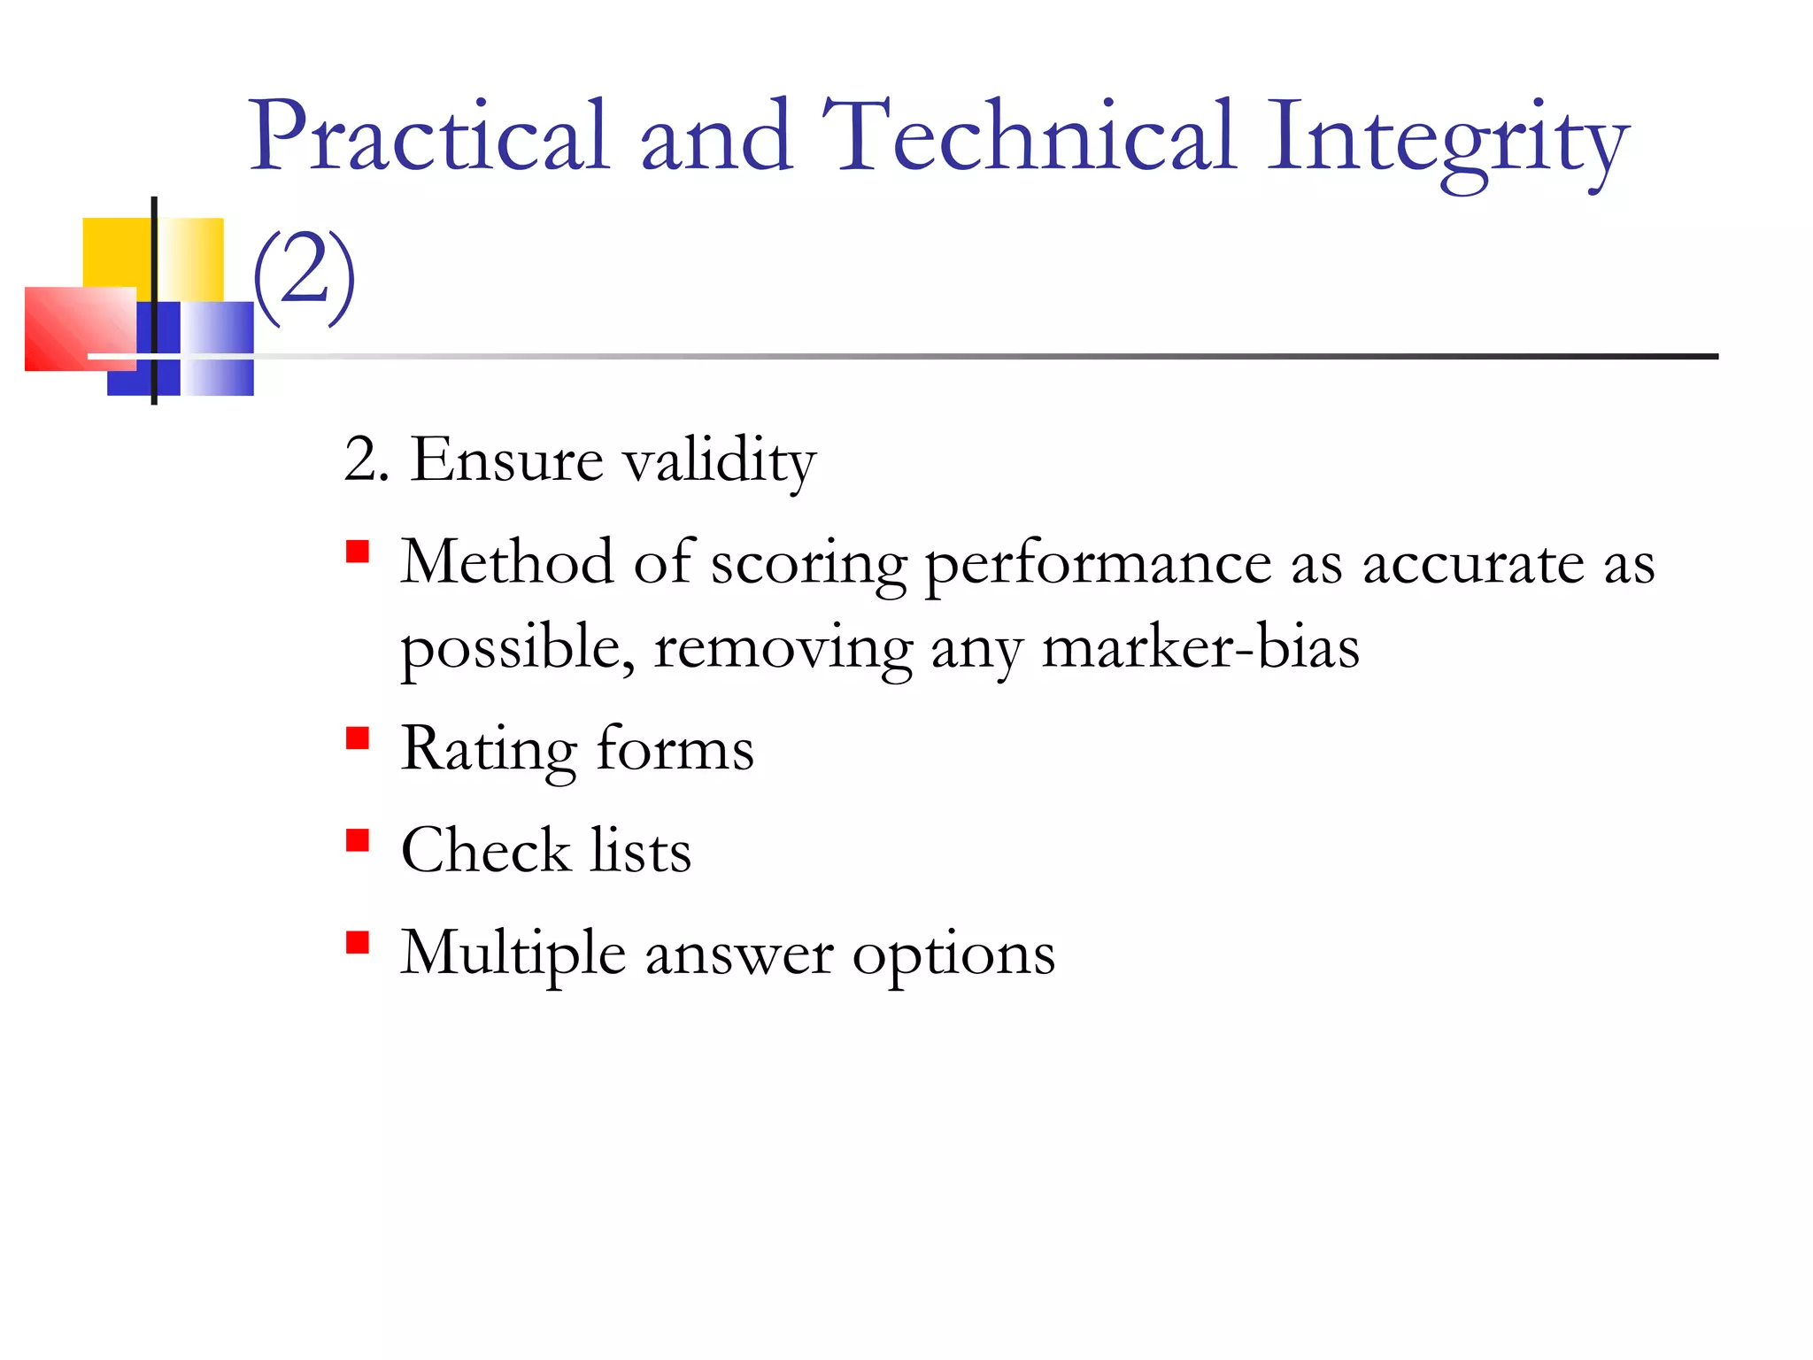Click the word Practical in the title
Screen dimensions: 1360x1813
pos(429,137)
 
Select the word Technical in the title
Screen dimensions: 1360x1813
pos(1027,137)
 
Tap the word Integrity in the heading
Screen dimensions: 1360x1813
pos(1447,142)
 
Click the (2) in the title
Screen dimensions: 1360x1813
pos(305,276)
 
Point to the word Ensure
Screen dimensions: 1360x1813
pos(506,460)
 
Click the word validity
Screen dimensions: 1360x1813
pos(719,462)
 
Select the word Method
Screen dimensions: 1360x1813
pos(506,562)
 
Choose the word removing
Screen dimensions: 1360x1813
pos(783,650)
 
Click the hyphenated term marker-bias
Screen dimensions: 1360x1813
pos(1200,648)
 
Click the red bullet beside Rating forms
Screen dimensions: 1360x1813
pos(358,738)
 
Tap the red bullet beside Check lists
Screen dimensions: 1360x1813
pos(358,840)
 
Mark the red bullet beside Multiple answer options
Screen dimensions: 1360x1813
pos(358,942)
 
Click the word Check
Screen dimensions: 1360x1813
pos(485,851)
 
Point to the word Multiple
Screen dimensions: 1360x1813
pos(513,954)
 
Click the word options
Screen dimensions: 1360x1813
pos(953,956)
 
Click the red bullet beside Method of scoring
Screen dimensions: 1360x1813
pos(358,552)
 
